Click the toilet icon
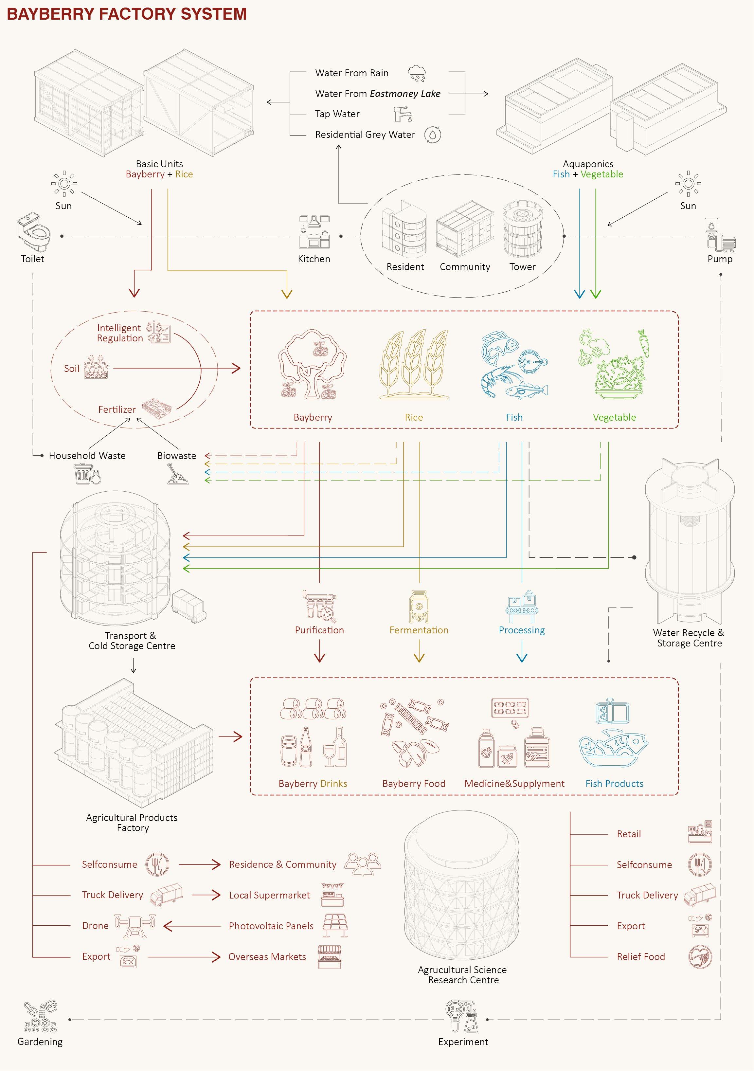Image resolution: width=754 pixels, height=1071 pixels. click(33, 232)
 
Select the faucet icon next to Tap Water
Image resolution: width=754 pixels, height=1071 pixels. click(403, 114)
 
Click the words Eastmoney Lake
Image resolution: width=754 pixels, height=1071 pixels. click(405, 94)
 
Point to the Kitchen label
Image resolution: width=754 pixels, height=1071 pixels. click(314, 259)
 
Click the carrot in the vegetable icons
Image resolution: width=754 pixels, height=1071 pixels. click(643, 342)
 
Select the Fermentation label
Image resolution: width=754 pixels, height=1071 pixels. click(419, 630)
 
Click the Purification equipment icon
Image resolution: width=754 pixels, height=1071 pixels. click(319, 607)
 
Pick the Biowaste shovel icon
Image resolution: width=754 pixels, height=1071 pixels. click(178, 474)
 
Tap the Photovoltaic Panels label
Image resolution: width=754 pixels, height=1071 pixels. click(271, 926)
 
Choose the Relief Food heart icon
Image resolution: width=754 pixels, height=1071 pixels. click(700, 957)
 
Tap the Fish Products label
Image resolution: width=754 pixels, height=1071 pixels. click(614, 784)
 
